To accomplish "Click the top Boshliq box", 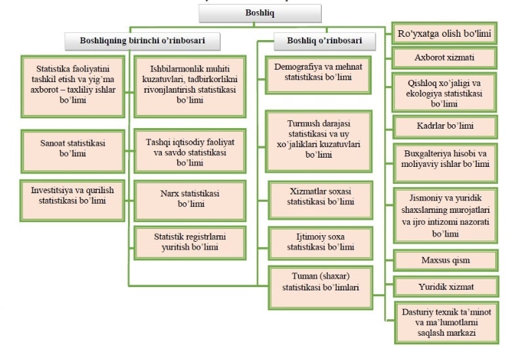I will (260, 12).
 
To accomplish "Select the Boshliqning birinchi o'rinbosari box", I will (142, 41).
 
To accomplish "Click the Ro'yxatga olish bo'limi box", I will (444, 32).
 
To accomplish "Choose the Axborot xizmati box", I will (444, 58).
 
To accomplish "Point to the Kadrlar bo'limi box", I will (444, 125).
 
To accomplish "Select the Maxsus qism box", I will (444, 260).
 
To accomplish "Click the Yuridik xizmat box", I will (444, 286).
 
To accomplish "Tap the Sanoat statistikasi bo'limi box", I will (72, 148).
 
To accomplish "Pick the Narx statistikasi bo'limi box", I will (180, 199).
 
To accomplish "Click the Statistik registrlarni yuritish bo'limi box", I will (180, 241).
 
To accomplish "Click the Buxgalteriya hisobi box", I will (444, 158).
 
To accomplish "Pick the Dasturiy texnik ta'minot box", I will (444, 321).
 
